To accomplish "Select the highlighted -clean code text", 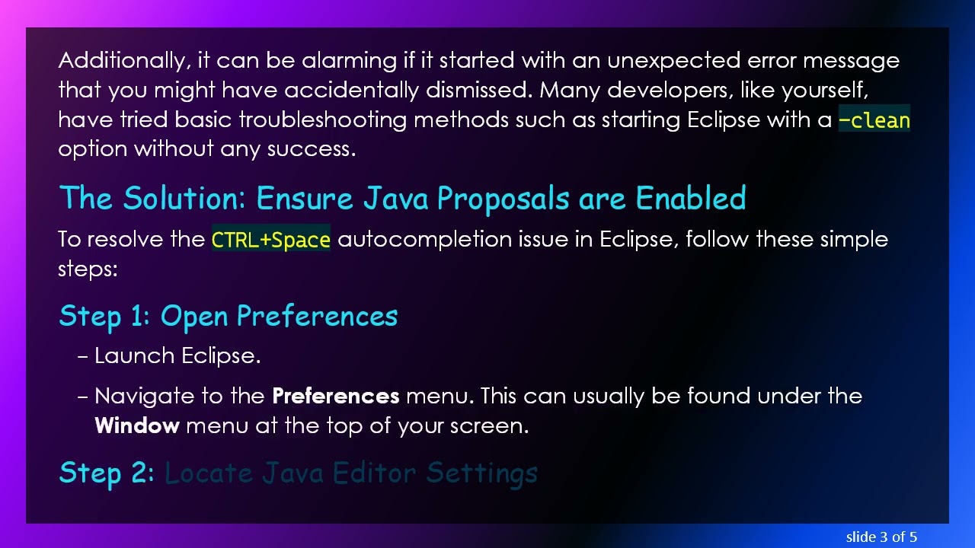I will click(874, 120).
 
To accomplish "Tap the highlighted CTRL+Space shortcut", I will click(270, 240).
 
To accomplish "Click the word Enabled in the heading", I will click(690, 199).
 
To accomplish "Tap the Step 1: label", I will click(104, 316).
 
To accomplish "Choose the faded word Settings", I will click(481, 473).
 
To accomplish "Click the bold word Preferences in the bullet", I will click(335, 397).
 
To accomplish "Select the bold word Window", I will click(137, 425).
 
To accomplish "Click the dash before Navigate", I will click(83, 397).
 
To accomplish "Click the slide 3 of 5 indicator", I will click(881, 537).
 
